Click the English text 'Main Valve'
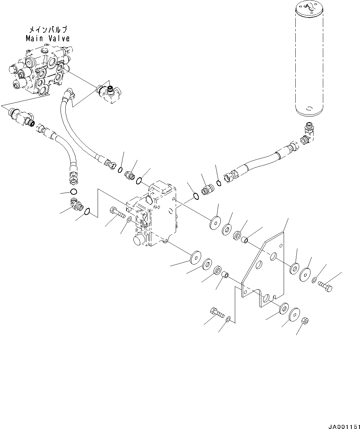coord(48,39)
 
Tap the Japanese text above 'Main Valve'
coord(48,30)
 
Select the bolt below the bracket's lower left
coord(216,312)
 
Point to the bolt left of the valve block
coord(117,211)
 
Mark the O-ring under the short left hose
coord(74,192)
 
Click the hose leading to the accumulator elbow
coord(261,162)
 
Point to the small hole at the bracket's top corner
coord(281,246)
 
